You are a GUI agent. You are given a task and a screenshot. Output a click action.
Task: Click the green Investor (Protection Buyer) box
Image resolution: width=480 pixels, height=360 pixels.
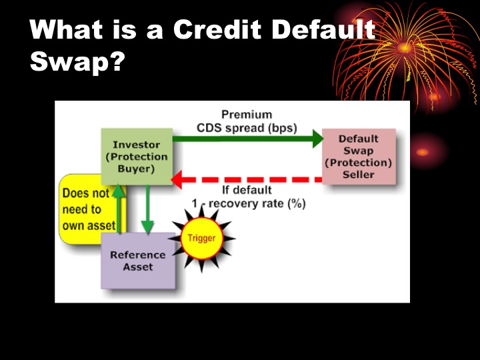tap(136, 157)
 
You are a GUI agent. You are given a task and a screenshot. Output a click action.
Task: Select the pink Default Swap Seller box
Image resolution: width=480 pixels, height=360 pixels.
tap(358, 157)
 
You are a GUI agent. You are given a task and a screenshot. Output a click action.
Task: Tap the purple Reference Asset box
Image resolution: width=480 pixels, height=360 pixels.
tap(137, 261)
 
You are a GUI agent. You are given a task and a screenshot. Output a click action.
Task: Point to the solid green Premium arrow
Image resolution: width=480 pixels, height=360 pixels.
tap(247, 139)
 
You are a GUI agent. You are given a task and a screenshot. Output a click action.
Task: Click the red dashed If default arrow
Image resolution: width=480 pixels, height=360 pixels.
tap(247, 179)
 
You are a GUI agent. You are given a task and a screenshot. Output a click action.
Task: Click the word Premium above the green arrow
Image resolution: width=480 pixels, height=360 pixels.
tap(247, 115)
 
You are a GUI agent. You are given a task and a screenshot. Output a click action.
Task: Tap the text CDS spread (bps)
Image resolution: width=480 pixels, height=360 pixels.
tap(247, 127)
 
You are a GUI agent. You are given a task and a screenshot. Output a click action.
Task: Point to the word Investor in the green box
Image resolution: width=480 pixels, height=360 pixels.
tap(136, 145)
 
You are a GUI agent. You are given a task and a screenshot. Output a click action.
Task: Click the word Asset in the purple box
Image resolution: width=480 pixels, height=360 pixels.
tap(137, 267)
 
